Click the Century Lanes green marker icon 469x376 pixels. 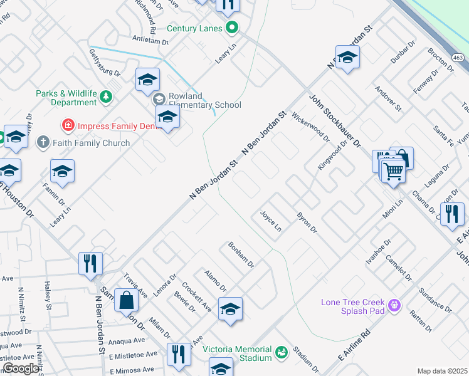click(x=232, y=28)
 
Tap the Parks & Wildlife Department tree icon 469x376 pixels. click(x=107, y=96)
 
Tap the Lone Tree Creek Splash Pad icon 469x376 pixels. click(x=394, y=305)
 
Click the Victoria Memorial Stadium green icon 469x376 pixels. click(x=281, y=352)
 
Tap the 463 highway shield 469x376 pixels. click(x=459, y=57)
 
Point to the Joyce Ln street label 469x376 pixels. click(x=271, y=221)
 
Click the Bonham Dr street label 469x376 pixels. click(x=241, y=255)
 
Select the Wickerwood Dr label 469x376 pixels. click(x=311, y=127)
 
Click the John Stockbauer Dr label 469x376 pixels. click(x=334, y=121)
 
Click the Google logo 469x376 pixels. click(x=21, y=368)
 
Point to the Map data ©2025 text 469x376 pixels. click(x=441, y=371)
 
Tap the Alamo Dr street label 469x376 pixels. click(x=215, y=280)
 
